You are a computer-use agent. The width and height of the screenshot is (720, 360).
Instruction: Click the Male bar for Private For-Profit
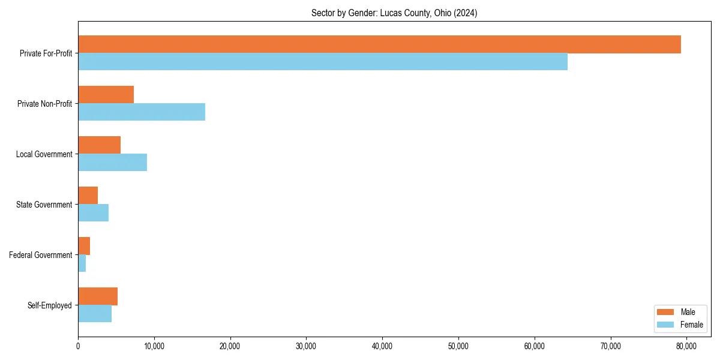tap(379, 44)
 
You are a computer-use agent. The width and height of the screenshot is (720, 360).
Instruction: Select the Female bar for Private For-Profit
tap(323, 61)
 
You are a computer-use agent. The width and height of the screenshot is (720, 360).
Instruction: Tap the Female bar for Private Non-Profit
tap(142, 112)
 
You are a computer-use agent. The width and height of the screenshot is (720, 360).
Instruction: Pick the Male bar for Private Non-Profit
tap(106, 95)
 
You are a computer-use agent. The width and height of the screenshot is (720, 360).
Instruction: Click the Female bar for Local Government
tap(112, 162)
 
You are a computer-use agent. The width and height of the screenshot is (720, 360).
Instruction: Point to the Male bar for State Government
tap(88, 196)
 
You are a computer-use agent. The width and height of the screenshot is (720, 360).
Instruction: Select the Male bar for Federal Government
tap(84, 246)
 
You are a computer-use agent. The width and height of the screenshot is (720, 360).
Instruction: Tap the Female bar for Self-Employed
tap(95, 313)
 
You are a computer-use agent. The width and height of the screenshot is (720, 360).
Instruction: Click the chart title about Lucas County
tap(394, 13)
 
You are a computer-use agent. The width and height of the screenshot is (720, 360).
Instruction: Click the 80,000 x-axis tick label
tap(686, 346)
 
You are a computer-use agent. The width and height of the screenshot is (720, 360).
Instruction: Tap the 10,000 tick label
tap(154, 346)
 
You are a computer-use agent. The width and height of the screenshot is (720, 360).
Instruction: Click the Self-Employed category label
tap(50, 305)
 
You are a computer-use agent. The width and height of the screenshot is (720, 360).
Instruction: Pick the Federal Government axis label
tap(41, 255)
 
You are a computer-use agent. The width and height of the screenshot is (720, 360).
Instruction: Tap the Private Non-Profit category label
tap(44, 104)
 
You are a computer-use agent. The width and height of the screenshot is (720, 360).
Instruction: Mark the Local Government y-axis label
tap(44, 154)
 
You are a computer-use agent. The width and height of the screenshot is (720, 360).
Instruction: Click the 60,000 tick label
tap(534, 346)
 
